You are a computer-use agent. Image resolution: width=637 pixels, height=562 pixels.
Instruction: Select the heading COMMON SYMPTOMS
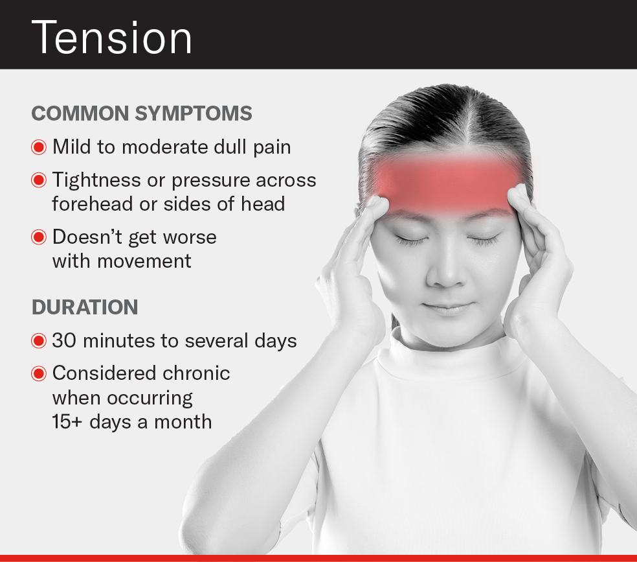point(142,113)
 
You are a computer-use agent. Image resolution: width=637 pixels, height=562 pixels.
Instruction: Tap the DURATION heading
point(85,307)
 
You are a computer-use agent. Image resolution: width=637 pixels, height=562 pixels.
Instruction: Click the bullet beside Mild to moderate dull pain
point(39,147)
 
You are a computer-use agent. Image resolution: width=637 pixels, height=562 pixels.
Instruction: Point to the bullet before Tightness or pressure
point(39,180)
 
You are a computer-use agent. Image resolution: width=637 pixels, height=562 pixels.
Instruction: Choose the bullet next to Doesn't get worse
point(39,237)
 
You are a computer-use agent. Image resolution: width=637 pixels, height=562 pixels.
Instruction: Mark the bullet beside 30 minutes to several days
point(39,341)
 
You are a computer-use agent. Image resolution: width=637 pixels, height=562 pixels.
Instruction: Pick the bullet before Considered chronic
point(39,373)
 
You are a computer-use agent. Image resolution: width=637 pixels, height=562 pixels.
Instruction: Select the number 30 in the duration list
point(63,341)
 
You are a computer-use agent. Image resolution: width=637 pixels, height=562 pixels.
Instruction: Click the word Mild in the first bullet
point(71,147)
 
